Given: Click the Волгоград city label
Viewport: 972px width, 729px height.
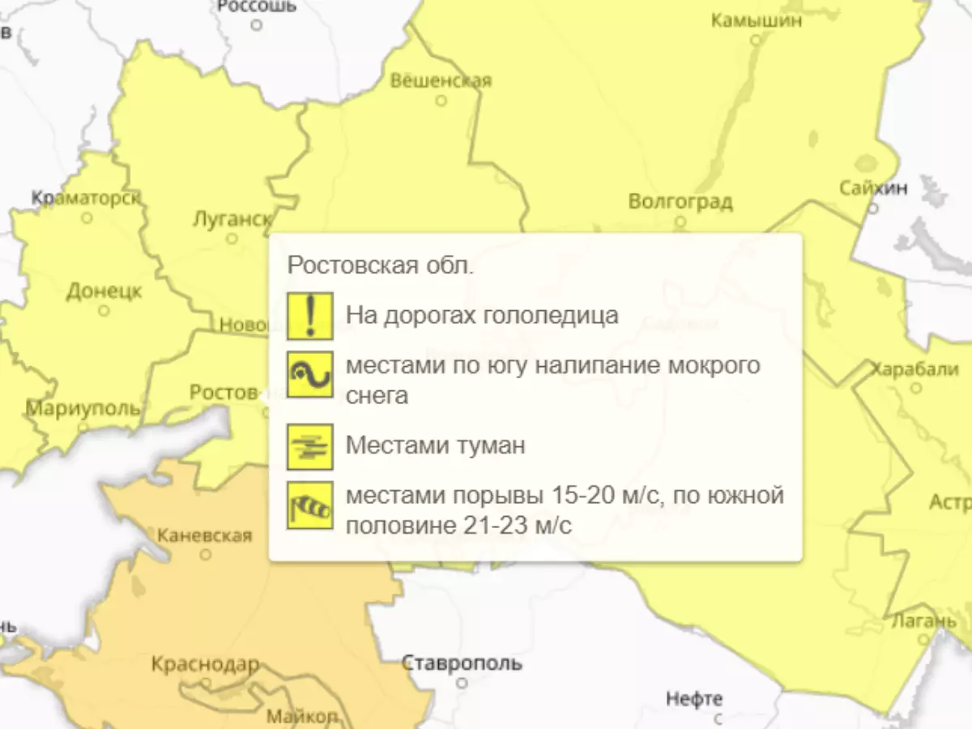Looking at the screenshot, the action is click(x=680, y=201).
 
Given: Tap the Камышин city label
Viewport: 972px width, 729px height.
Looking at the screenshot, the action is click(x=757, y=20).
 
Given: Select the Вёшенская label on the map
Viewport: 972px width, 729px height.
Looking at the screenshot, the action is click(x=441, y=81).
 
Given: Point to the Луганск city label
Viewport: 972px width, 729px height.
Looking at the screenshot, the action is click(x=232, y=219).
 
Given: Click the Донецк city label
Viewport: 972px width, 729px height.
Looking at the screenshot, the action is click(x=104, y=291).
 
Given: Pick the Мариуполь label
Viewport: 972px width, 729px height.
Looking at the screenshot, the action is click(x=83, y=407).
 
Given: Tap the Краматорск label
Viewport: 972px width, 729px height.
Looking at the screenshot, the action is click(x=86, y=198).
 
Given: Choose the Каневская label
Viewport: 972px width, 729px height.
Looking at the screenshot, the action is click(x=204, y=535).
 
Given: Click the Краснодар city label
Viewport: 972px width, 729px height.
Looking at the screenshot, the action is click(x=205, y=665).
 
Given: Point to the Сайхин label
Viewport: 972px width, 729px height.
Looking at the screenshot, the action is click(x=873, y=189).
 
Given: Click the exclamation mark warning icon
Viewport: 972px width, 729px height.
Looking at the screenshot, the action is click(x=309, y=316).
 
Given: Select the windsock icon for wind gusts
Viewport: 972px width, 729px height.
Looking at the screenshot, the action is click(x=309, y=505).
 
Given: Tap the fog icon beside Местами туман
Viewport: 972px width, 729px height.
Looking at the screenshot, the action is click(x=309, y=446).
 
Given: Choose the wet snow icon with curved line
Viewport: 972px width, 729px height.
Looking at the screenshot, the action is click(x=309, y=374).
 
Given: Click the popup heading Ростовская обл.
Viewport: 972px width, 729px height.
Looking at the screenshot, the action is click(x=381, y=266).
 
